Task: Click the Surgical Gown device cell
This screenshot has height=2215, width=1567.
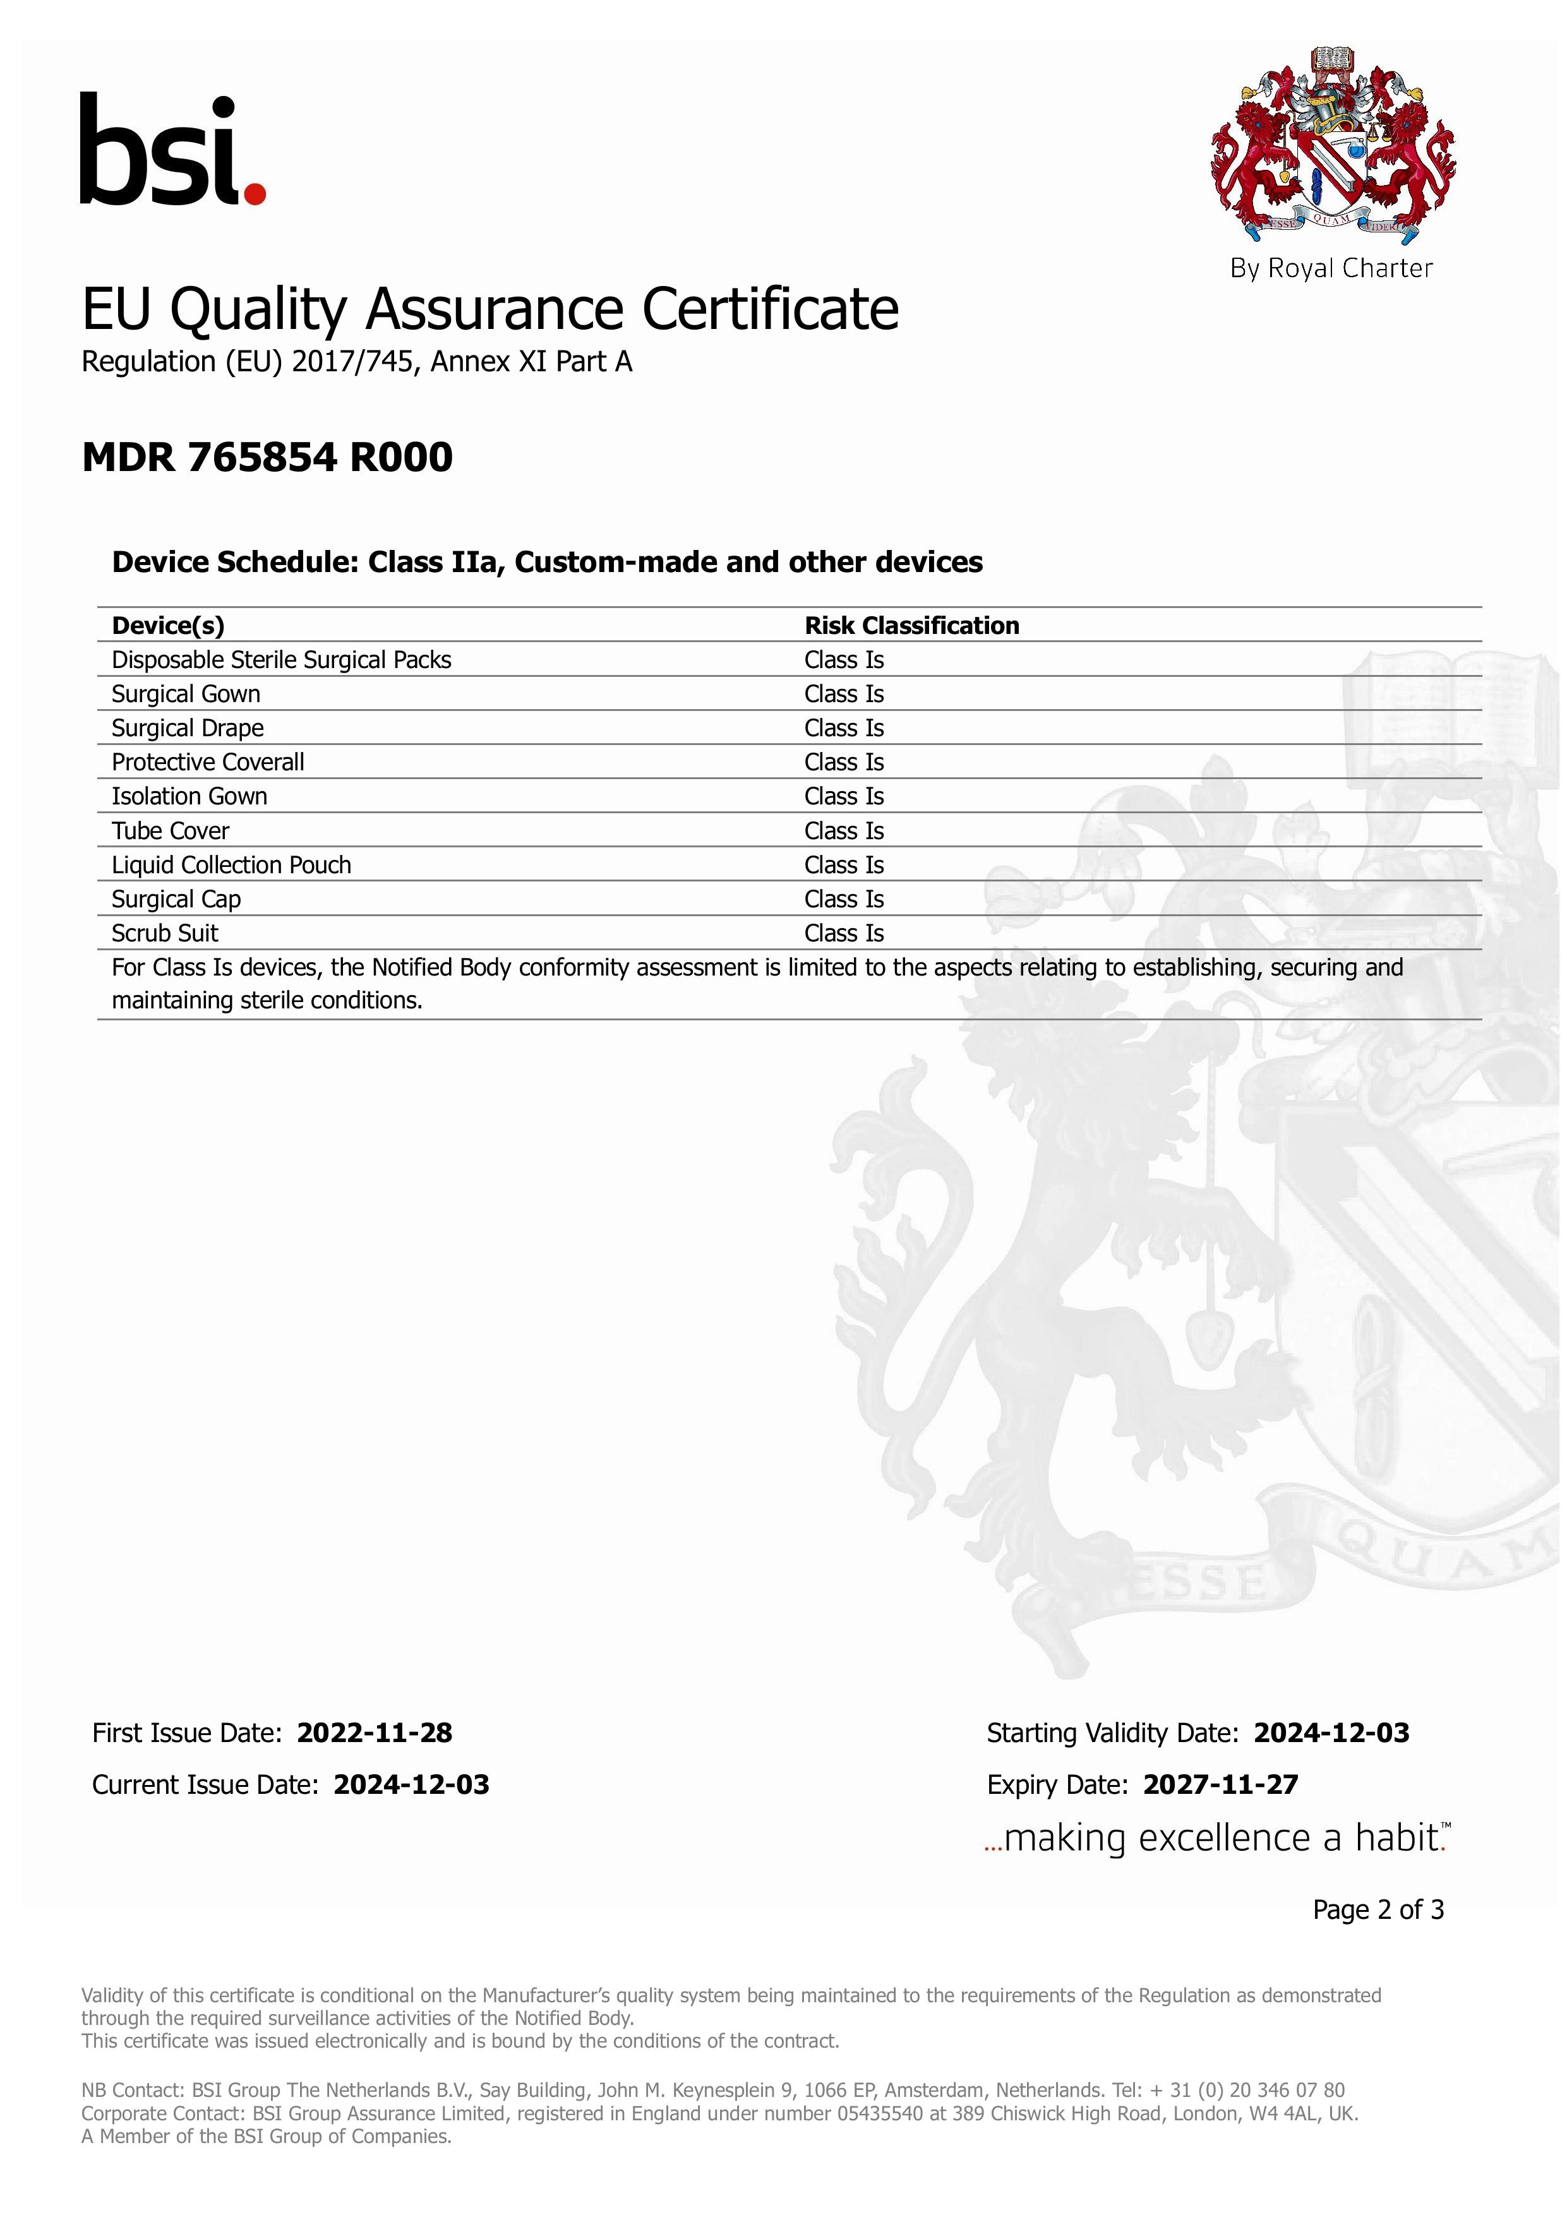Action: click(186, 694)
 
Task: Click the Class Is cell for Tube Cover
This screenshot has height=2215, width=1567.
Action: click(844, 831)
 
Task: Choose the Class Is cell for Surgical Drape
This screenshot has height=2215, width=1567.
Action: click(844, 729)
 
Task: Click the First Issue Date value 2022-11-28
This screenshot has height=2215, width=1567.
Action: click(375, 1734)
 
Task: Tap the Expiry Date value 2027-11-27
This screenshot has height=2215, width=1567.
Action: click(1221, 1785)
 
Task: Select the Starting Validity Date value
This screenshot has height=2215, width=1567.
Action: click(1331, 1734)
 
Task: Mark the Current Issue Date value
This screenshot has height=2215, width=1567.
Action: click(411, 1785)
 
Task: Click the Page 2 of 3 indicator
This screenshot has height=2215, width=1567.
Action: click(1378, 1910)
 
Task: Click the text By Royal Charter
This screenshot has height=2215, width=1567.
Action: click(1331, 268)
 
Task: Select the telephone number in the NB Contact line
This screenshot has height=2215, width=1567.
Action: click(1247, 2091)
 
